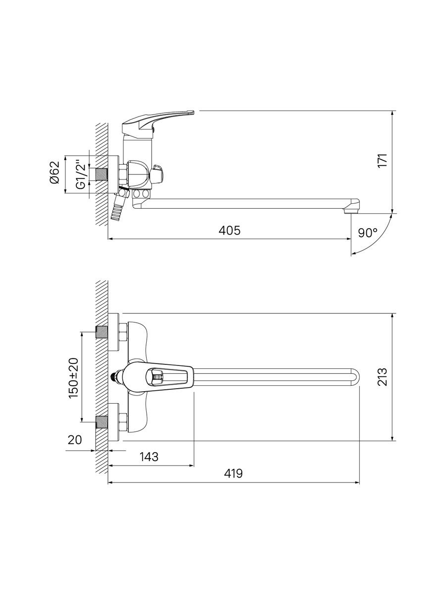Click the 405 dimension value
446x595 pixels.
point(229,231)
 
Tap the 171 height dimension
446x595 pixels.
point(383,161)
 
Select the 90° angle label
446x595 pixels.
point(368,233)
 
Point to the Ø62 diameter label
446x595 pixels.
point(55,173)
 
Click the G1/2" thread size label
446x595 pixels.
point(81,175)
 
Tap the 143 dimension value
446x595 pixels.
point(149,457)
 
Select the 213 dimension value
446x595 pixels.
point(383,377)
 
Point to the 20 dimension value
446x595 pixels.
point(74,440)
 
